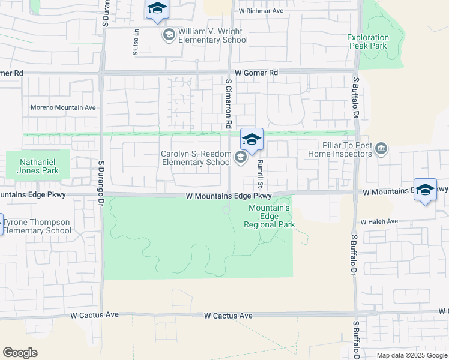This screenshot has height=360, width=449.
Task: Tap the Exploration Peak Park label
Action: click(x=368, y=41)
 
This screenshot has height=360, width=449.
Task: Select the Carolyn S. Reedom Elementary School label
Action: click(x=196, y=158)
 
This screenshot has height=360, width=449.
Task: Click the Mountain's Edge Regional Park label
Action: click(x=270, y=217)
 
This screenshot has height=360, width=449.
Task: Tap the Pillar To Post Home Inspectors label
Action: click(x=339, y=149)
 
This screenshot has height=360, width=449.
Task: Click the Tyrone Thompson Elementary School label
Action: click(x=37, y=226)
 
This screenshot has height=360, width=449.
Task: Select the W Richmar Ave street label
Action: click(x=261, y=11)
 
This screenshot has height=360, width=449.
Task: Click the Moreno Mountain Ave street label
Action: click(x=63, y=108)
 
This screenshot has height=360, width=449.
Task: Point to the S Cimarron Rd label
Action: click(x=229, y=104)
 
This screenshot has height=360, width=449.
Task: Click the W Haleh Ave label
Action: click(x=379, y=221)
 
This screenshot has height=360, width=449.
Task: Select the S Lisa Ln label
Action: click(x=136, y=43)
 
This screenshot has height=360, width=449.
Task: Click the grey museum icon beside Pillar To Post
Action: click(x=381, y=148)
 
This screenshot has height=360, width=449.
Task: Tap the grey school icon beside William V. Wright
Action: click(x=169, y=35)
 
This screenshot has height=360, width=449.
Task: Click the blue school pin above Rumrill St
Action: click(x=252, y=140)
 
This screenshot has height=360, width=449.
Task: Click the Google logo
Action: click(x=20, y=353)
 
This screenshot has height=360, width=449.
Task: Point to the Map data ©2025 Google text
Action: click(x=411, y=355)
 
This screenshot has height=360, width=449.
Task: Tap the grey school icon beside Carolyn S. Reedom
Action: click(x=241, y=158)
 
